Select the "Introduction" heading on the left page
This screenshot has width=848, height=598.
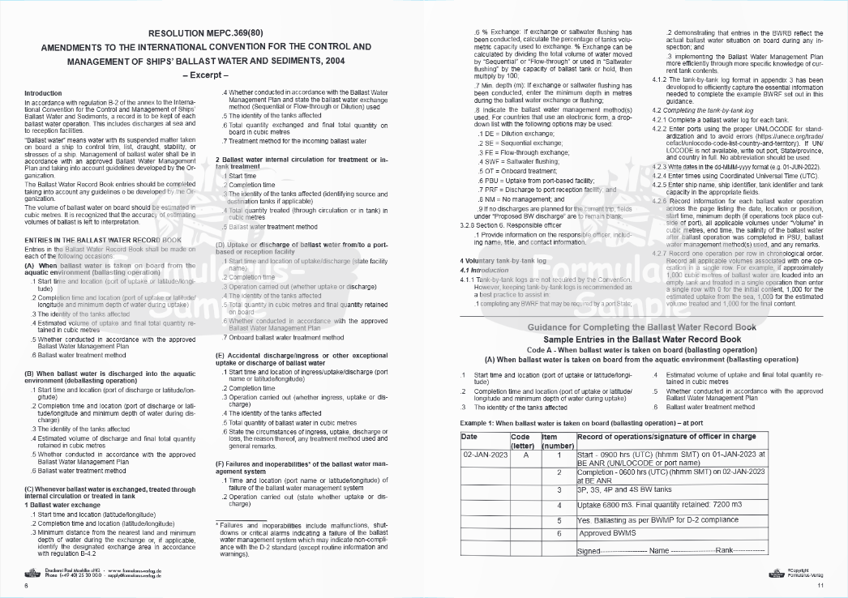[x=43, y=94]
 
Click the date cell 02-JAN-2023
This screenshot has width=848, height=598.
[x=485, y=455]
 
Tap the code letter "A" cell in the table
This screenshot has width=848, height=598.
[x=525, y=455]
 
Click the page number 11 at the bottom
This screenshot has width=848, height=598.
[x=820, y=586]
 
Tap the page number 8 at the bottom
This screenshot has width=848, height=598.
[x=26, y=585]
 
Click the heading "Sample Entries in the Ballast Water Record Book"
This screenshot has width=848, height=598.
[x=641, y=339]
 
